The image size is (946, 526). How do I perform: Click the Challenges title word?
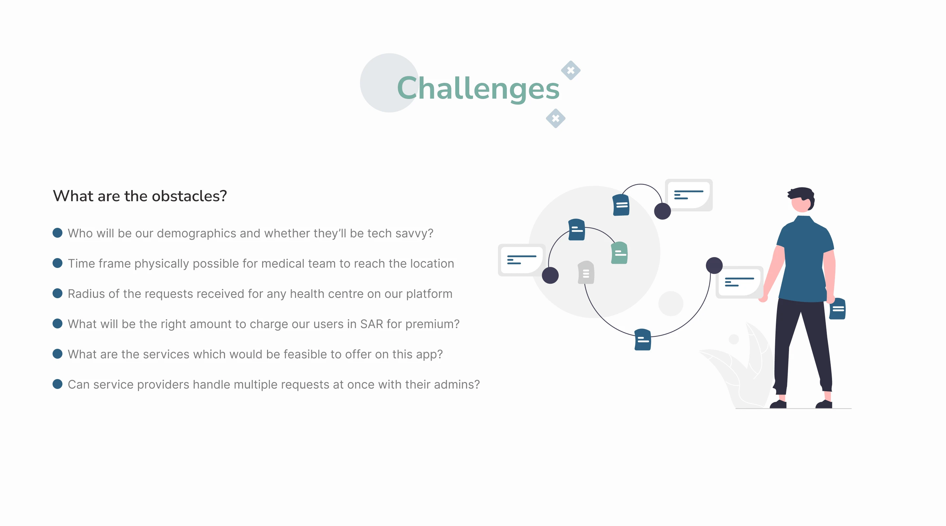(478, 88)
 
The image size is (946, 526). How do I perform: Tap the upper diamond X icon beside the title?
(571, 70)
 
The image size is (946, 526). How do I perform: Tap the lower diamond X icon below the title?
(556, 118)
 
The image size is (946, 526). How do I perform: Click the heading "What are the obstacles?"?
(140, 196)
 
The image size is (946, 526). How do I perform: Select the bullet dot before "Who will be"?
(57, 233)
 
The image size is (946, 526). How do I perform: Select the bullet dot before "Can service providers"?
(57, 384)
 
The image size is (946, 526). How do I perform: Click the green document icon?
(619, 253)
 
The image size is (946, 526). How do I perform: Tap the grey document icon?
(586, 273)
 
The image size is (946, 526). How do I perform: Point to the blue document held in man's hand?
(837, 308)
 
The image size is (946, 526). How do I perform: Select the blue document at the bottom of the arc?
(643, 339)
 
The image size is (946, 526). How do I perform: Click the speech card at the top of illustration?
(689, 195)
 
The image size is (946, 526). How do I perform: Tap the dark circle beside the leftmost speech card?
(550, 275)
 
